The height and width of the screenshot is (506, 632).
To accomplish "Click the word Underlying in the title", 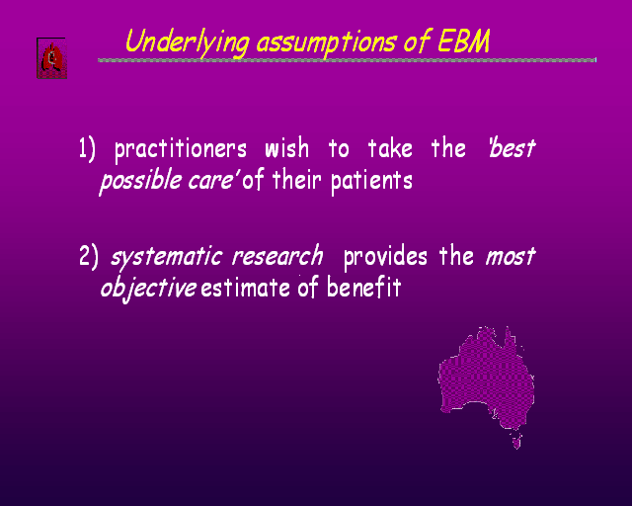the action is [x=187, y=42].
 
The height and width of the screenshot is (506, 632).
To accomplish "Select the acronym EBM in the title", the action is [x=464, y=41].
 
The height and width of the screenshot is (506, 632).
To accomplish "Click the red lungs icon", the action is [x=51, y=58].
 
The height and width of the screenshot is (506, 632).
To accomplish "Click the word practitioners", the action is [x=180, y=149].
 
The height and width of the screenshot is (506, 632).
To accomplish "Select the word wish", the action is [x=287, y=147].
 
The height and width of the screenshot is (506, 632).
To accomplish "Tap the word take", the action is [x=390, y=147].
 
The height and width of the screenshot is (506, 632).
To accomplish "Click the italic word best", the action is [x=513, y=147].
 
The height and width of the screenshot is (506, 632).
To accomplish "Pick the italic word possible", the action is [x=140, y=181].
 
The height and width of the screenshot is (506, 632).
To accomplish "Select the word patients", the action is [x=371, y=181].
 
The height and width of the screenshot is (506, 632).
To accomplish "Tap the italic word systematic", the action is [x=167, y=257].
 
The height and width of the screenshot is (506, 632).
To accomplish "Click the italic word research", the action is [x=277, y=255].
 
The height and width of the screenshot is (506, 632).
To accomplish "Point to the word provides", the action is [x=385, y=257].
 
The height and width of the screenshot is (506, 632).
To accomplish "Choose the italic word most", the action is [x=511, y=257].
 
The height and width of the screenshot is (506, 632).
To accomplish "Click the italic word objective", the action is [x=148, y=289].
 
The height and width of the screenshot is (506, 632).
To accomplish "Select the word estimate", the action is [x=246, y=289].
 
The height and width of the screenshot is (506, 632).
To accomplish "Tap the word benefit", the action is [x=364, y=287].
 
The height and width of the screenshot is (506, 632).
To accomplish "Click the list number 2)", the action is [x=88, y=257].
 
